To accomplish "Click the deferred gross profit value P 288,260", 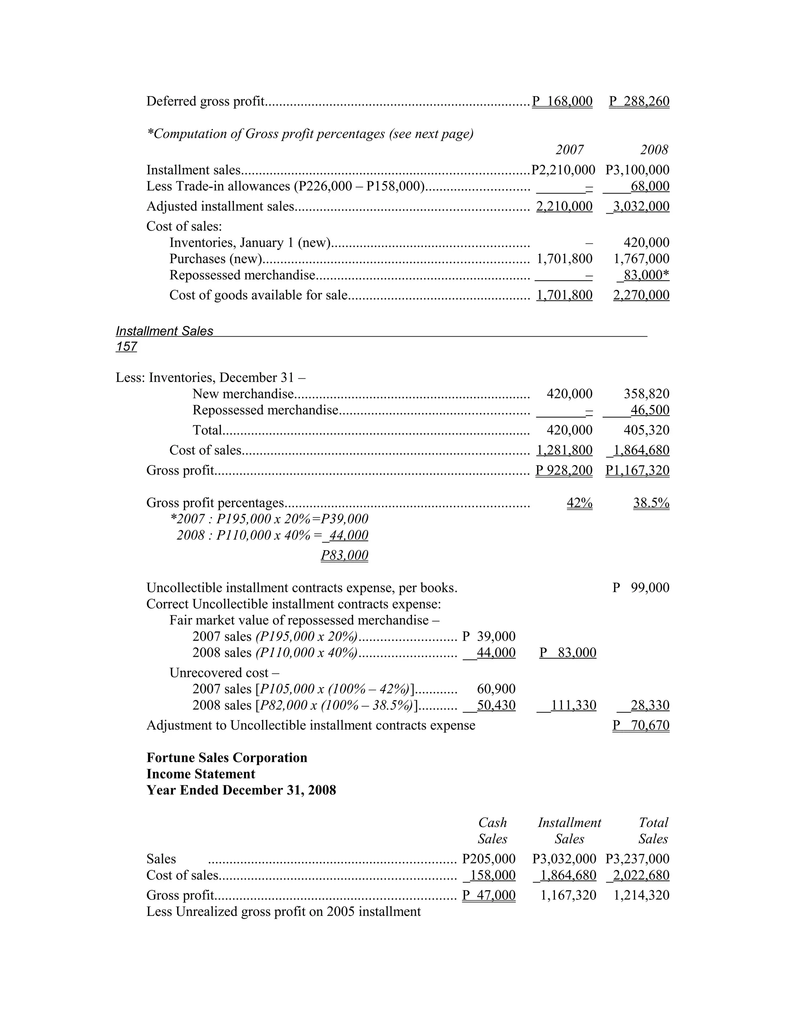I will pyautogui.click(x=639, y=102).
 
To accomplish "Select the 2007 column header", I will pyautogui.click(x=570, y=150).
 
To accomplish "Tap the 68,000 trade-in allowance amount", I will pyautogui.click(x=650, y=187).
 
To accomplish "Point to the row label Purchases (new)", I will pyautogui.click(x=216, y=259).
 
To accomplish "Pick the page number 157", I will pyautogui.click(x=126, y=347).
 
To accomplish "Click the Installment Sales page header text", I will pyautogui.click(x=164, y=331).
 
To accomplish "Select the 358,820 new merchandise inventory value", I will pyautogui.click(x=646, y=394).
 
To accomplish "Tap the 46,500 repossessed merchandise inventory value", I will pyautogui.click(x=650, y=410).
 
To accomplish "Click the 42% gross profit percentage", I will pyautogui.click(x=580, y=503).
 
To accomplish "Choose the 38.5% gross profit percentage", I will pyautogui.click(x=651, y=503).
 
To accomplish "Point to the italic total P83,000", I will pyautogui.click(x=345, y=556).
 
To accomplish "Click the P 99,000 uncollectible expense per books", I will pyautogui.click(x=641, y=588).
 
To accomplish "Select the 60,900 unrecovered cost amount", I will pyautogui.click(x=496, y=689).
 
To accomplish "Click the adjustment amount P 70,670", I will pyautogui.click(x=641, y=725).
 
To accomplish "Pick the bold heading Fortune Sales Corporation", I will pyautogui.click(x=227, y=758).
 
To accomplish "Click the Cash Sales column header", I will pyautogui.click(x=493, y=831).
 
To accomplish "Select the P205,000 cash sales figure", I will pyautogui.click(x=489, y=859).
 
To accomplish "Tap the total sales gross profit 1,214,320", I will pyautogui.click(x=641, y=896).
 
